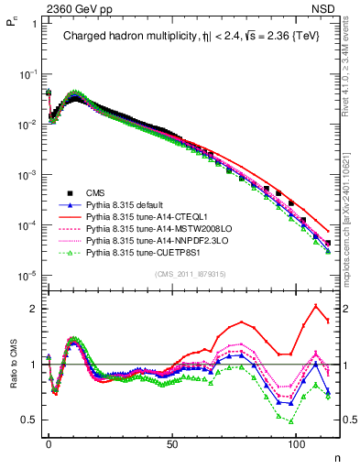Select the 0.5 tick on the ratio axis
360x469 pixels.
point(30,420)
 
